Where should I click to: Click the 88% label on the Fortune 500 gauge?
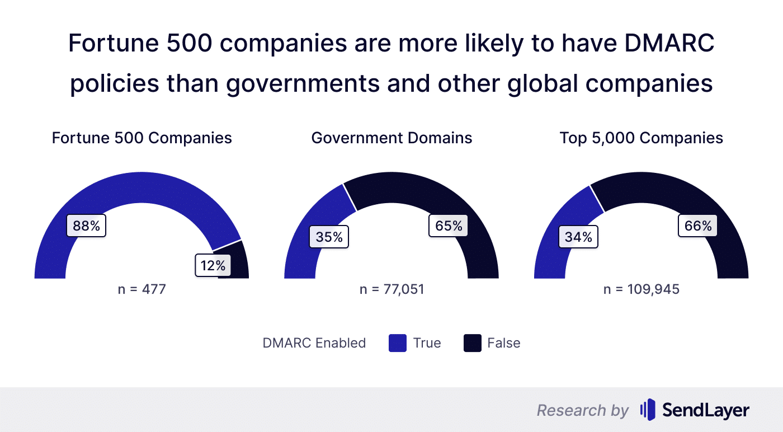coord(86,226)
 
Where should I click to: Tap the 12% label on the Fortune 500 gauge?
coord(213,265)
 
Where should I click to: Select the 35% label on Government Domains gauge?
coord(329,237)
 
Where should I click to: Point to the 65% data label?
coord(449,226)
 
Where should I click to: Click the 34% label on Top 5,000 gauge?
coord(578,237)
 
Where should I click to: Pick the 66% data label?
coord(698,226)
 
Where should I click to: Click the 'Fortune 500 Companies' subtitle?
coord(141,138)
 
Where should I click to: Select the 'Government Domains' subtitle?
coord(391,138)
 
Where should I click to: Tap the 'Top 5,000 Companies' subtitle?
coord(641,138)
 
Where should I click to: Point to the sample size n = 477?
coord(141,290)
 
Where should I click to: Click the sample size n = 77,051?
coord(391,290)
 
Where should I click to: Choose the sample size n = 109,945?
coord(641,290)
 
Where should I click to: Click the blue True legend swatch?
coord(397,343)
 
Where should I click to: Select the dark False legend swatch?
coord(473,343)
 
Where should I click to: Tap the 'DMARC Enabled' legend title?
coord(314,343)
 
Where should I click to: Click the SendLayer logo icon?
coord(647,410)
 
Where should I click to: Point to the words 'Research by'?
coord(582,410)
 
